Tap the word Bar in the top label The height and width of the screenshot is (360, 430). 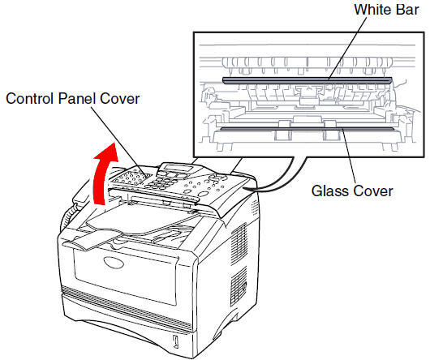click(407, 10)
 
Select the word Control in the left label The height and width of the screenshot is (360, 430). click(31, 98)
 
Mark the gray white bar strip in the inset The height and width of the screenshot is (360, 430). click(307, 80)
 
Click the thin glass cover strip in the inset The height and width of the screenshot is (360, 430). click(307, 128)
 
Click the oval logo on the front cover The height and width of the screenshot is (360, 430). click(114, 263)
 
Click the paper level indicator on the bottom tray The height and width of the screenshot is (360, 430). click(176, 341)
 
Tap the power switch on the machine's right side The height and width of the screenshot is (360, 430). click(244, 286)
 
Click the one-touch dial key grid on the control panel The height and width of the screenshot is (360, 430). click(132, 178)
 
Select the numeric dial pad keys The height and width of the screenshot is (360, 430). click(161, 183)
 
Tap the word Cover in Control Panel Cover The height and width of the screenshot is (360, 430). click(120, 98)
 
